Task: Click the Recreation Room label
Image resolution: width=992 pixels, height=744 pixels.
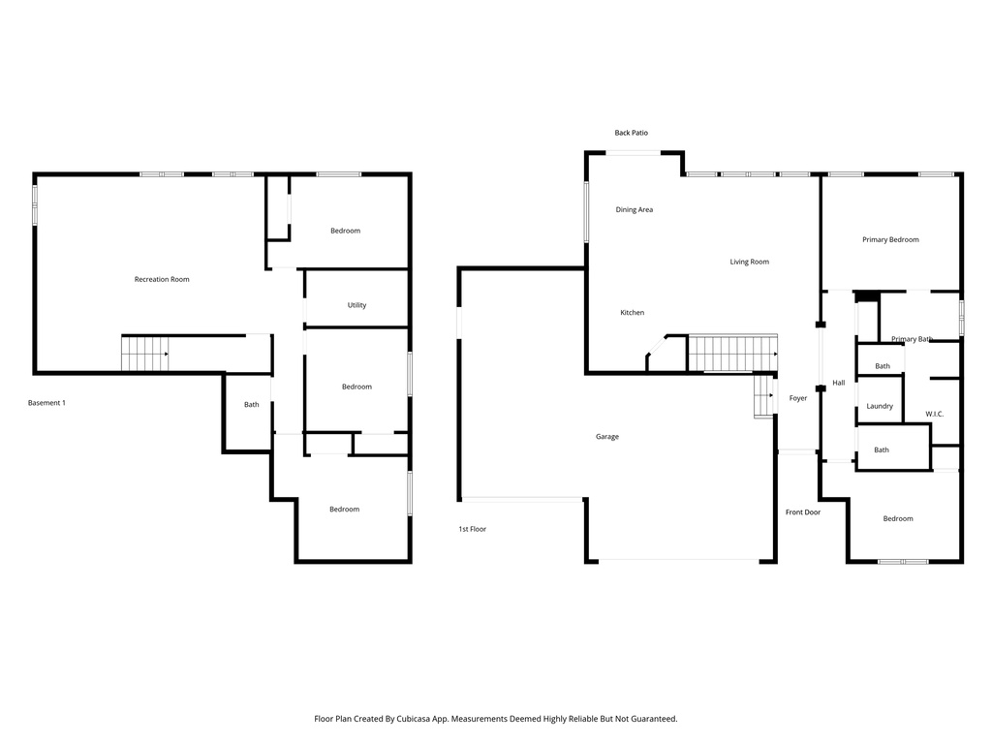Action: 162,279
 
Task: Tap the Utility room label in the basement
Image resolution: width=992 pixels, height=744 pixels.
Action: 356,305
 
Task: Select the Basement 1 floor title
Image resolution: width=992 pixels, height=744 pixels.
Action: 46,403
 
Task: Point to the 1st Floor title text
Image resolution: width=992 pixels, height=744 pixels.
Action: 473,529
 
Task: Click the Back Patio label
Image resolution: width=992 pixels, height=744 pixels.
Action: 631,133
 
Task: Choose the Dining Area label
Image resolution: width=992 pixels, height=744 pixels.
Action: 635,209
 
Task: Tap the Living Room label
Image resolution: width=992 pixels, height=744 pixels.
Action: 750,262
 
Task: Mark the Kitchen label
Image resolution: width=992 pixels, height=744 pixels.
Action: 633,313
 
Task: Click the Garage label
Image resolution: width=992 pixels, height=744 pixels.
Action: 607,437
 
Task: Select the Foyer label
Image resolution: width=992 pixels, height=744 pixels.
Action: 798,398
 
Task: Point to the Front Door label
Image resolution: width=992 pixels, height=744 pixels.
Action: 803,511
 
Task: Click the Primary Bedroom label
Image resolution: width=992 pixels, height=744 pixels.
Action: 890,239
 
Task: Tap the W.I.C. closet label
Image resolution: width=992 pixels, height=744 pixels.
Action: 934,414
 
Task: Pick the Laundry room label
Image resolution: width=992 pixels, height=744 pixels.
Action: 880,406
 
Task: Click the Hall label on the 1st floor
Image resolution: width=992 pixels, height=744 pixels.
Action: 839,383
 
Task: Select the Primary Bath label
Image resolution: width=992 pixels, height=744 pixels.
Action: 912,339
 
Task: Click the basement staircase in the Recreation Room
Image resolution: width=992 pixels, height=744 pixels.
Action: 145,354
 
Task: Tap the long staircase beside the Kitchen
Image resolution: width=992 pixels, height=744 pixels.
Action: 732,353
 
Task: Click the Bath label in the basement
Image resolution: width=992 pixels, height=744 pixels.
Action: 252,404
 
